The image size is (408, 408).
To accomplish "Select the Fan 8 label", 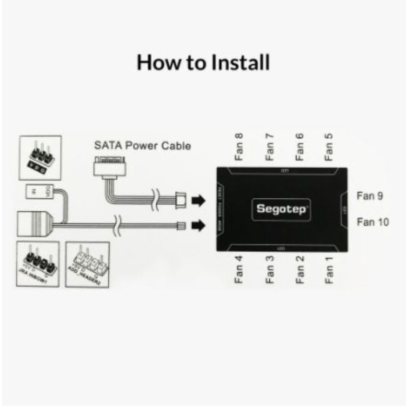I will tap(239, 146).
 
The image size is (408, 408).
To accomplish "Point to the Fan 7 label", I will tap(270, 146).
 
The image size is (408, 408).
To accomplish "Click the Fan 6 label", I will tap(300, 146).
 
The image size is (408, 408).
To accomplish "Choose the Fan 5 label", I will tap(329, 146).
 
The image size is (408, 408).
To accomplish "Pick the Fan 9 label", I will tap(370, 196).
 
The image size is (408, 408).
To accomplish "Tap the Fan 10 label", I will tap(373, 222).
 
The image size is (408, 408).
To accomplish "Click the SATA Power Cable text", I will tap(142, 145).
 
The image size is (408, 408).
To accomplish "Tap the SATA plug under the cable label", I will tap(111, 168).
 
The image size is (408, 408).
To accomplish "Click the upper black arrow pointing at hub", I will tap(198, 200).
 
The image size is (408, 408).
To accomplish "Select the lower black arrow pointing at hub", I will tap(198, 225).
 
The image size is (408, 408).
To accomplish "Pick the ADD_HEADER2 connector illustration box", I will tap(87, 265).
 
